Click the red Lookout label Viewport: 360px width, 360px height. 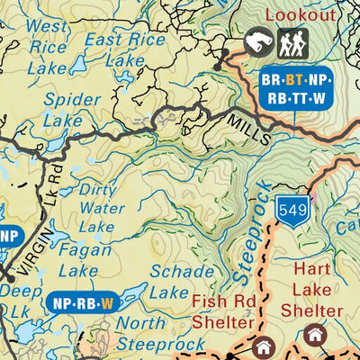301,15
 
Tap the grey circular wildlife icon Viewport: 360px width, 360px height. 258,41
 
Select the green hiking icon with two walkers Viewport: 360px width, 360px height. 292,41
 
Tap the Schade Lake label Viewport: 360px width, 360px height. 182,281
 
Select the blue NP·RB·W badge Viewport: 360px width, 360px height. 82,303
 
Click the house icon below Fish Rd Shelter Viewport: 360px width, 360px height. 264,347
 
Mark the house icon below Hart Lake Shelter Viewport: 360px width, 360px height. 314,336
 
